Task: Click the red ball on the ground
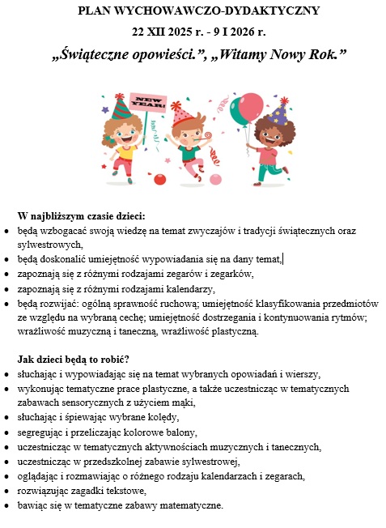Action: coord(159,179)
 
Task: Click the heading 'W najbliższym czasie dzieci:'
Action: coord(81,216)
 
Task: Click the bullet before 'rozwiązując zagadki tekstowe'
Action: coord(7,492)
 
